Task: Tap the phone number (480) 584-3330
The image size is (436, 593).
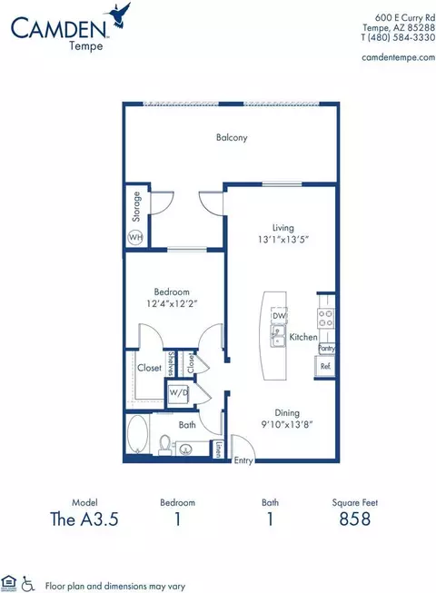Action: click(x=401, y=37)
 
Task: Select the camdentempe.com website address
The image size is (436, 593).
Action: click(x=398, y=57)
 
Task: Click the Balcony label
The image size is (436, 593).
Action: click(x=232, y=137)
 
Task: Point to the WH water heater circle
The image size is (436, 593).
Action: click(x=135, y=238)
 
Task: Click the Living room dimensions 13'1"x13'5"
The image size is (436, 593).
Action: click(x=283, y=240)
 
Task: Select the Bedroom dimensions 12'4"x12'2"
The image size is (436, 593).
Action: click(x=172, y=303)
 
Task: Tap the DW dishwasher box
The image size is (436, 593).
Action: click(x=279, y=316)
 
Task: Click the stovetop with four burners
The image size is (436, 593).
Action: click(x=325, y=318)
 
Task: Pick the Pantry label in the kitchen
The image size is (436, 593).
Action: click(x=326, y=348)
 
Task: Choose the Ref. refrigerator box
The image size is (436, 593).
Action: click(x=325, y=366)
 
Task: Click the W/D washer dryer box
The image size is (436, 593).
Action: click(x=178, y=392)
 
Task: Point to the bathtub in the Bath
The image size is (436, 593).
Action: click(x=137, y=434)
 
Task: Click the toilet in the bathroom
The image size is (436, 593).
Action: click(x=165, y=444)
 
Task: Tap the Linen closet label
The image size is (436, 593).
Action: click(x=218, y=450)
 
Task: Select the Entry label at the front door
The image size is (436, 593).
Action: click(x=243, y=460)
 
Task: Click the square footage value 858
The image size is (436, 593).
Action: click(x=354, y=519)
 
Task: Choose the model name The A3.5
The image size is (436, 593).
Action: click(x=84, y=519)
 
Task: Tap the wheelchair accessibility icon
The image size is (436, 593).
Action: click(x=27, y=584)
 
